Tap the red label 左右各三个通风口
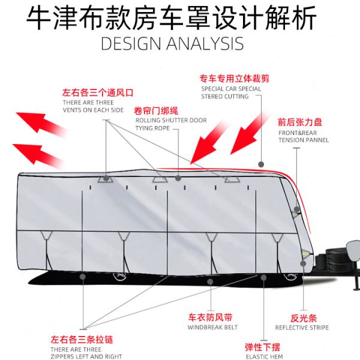coord(97,93)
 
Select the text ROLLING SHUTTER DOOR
coord(171,120)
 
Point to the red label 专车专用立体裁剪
coord(236,79)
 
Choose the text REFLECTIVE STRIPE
coord(302,328)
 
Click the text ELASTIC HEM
coord(263,357)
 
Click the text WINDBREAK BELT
coord(212,327)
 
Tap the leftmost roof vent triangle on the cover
coord(106,178)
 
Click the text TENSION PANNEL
coord(303,140)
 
